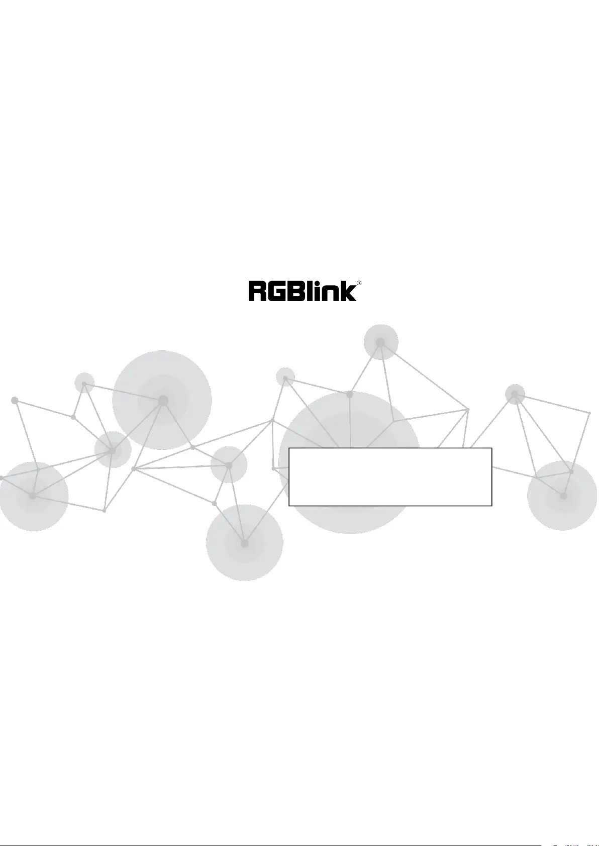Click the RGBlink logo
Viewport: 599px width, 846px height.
[x=303, y=291]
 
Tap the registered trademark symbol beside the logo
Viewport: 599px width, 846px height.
[x=359, y=284]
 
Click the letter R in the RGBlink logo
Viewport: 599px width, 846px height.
[x=258, y=292]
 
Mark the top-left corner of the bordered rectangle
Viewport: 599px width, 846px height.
[x=289, y=448]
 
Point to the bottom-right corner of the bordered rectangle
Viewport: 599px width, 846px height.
[x=491, y=505]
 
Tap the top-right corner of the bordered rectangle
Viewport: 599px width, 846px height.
[x=491, y=448]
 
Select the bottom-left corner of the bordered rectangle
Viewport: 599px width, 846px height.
[x=289, y=505]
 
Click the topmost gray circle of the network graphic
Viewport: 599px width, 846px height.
[x=381, y=342]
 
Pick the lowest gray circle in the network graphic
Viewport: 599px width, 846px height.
[x=245, y=543]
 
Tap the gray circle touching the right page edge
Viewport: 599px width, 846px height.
[x=563, y=495]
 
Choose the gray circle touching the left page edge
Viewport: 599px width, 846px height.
[x=33, y=496]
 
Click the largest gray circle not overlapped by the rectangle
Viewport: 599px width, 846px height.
[x=162, y=400]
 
